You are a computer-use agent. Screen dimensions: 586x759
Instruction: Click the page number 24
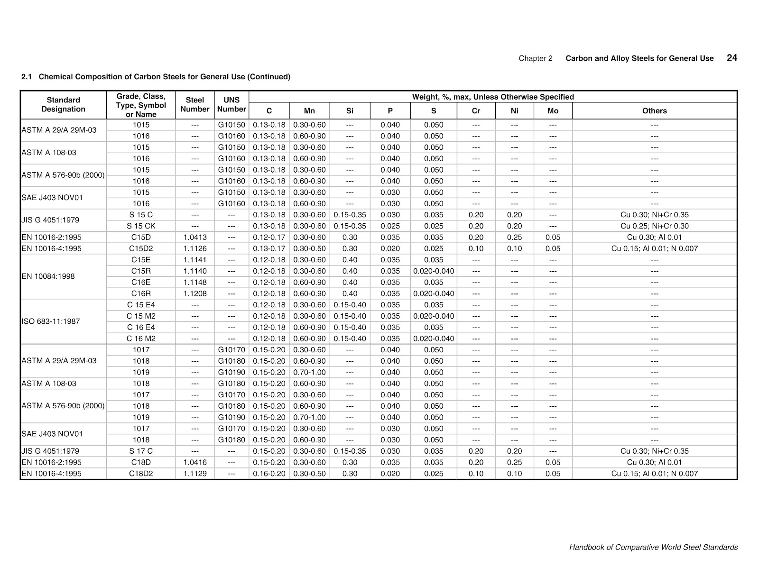pos(731,58)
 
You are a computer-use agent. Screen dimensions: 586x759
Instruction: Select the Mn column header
pos(309,111)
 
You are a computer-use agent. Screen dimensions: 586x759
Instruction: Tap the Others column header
pos(654,111)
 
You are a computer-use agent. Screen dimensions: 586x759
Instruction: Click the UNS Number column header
pos(231,105)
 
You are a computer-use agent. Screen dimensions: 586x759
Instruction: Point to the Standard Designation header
pos(63,105)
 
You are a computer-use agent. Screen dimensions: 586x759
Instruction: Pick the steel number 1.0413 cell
pos(195,238)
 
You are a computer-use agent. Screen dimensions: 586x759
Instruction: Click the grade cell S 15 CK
pos(141,226)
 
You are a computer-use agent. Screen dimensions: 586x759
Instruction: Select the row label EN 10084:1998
pos(48,276)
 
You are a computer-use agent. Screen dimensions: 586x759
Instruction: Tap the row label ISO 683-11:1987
pos(51,321)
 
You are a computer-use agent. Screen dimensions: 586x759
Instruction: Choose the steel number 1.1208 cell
pos(195,294)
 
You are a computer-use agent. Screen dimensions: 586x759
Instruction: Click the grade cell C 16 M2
pos(141,339)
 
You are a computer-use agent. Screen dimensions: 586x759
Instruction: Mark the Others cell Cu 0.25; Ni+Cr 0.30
pos(654,226)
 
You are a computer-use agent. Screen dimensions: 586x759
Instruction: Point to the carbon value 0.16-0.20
pos(269,474)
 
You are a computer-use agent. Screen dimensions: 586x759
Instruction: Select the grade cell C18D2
pos(141,474)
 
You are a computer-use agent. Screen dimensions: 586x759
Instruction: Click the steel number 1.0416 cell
pos(195,462)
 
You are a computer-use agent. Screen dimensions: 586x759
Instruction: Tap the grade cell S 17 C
pos(141,451)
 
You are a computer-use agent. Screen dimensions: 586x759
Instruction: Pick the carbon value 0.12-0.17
pos(269,238)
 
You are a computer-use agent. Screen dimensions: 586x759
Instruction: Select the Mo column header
pos(553,111)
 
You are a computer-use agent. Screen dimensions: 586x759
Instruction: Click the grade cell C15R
pos(141,271)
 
